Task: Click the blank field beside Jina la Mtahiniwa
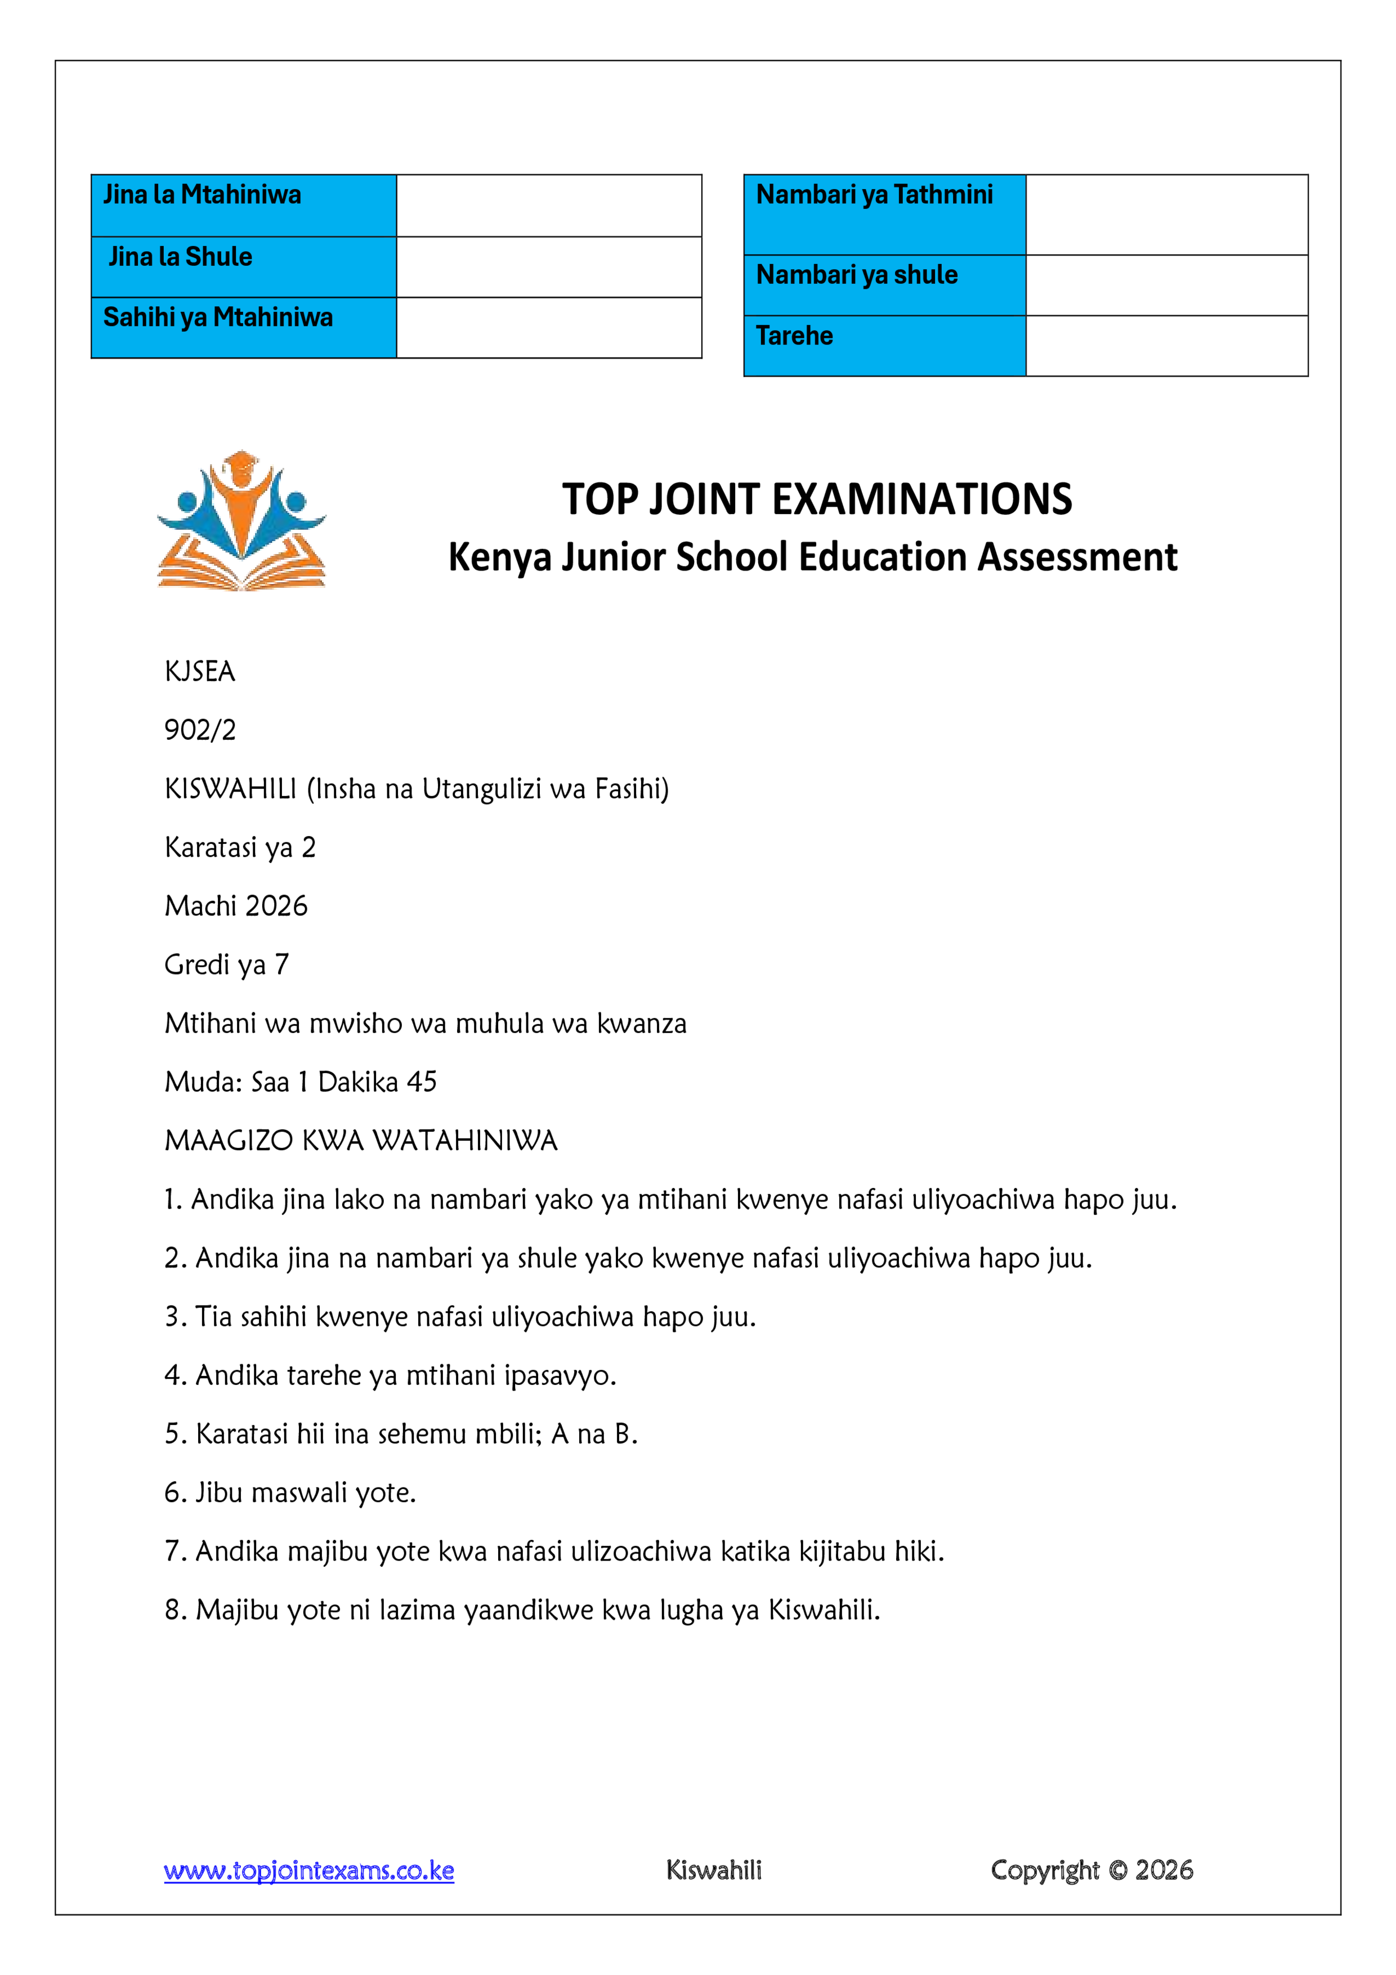tap(549, 205)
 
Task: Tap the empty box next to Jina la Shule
tap(549, 267)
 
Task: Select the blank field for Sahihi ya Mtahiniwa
tap(549, 328)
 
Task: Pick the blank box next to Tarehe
tap(1166, 346)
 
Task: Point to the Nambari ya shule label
tap(857, 275)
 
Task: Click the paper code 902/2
tap(200, 730)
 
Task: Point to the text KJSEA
tap(200, 672)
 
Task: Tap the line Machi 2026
tap(236, 906)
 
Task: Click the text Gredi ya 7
tap(226, 965)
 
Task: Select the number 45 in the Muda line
tap(422, 1082)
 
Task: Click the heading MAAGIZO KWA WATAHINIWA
tap(361, 1141)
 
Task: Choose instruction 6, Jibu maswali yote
tap(290, 1493)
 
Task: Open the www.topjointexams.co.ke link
tap(309, 1871)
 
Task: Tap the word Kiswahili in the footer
tap(714, 1871)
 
